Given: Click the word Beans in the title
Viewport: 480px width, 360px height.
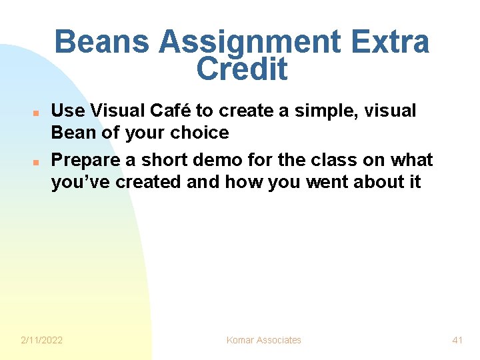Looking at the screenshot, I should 102,43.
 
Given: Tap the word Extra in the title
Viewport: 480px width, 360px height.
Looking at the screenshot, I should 393,43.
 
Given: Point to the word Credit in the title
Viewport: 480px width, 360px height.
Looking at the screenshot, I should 242,69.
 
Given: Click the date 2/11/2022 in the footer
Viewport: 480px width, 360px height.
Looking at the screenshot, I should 41,340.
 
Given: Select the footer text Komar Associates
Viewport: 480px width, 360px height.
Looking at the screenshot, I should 263,340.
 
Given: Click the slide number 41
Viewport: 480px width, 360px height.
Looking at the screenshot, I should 457,340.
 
